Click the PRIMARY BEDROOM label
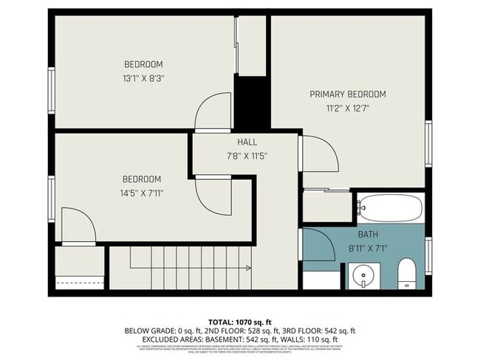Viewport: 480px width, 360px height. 347,94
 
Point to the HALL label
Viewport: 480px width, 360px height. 247,142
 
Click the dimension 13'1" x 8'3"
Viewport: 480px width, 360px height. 143,78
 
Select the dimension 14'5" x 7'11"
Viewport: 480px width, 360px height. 142,193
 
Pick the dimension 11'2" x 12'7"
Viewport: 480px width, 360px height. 347,108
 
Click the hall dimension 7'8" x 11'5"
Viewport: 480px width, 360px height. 247,156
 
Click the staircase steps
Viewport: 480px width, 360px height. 181,267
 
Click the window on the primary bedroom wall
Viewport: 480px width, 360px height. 428,144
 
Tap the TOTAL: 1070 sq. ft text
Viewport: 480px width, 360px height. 240,322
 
